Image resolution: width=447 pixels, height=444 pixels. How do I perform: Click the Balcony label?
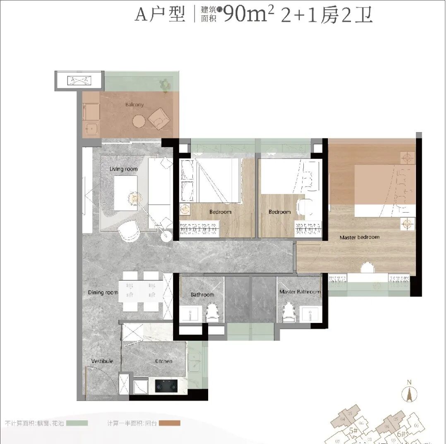point(135,105)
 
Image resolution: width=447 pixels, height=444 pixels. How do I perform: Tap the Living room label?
point(123,169)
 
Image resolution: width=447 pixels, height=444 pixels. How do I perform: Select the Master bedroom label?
point(359,238)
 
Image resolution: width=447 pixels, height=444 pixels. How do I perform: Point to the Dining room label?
point(103,293)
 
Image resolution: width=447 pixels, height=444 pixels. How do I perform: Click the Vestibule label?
point(102,362)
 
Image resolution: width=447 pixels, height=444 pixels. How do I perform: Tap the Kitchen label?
point(163,362)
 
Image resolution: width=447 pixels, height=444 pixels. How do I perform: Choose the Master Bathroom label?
point(300,292)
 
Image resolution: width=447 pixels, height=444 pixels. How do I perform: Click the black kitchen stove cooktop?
point(166,386)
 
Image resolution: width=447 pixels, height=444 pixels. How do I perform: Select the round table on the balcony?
point(139,121)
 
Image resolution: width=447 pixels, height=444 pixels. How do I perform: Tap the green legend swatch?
point(77,423)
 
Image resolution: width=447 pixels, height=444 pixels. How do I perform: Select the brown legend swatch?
point(169,423)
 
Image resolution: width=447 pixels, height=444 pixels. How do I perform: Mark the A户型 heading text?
point(160,15)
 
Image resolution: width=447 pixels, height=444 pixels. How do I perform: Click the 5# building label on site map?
point(353,431)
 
